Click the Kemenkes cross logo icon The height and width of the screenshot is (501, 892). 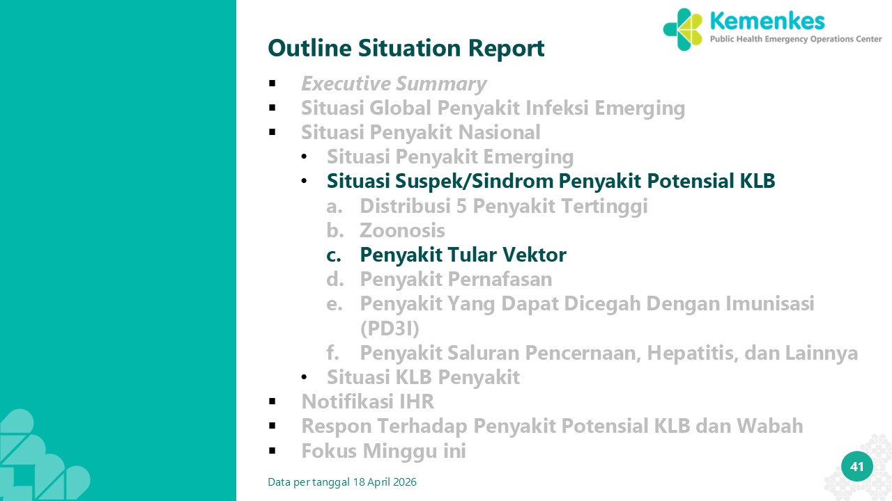[x=683, y=30]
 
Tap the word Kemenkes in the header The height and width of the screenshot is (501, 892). [x=767, y=21]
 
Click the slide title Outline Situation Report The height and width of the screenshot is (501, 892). [x=406, y=48]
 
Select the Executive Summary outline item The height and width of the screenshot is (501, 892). [x=394, y=83]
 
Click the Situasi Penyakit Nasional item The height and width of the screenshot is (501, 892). [x=420, y=132]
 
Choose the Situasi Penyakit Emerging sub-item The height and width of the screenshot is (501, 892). [x=450, y=157]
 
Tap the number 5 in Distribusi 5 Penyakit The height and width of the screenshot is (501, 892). [x=461, y=206]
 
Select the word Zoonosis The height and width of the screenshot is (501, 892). [x=402, y=230]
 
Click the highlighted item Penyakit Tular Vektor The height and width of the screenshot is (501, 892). [x=463, y=255]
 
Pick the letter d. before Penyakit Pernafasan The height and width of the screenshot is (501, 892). [x=335, y=279]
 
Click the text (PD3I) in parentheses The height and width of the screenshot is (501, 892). [x=390, y=328]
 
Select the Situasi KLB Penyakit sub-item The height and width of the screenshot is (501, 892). [x=423, y=377]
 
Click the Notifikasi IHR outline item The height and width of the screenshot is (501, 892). [x=367, y=401]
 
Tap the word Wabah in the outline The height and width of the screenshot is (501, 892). [x=770, y=426]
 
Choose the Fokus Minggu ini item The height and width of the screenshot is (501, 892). [x=383, y=451]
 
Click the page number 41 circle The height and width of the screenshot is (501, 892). [x=857, y=467]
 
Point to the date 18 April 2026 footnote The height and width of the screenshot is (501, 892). [x=385, y=482]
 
